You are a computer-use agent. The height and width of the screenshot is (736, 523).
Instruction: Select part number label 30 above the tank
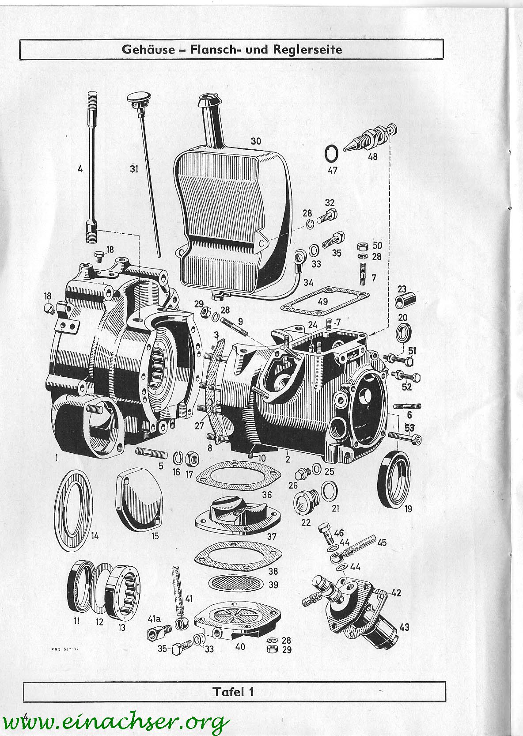tap(255, 141)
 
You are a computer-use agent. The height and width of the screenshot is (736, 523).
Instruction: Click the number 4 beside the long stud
tap(80, 168)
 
